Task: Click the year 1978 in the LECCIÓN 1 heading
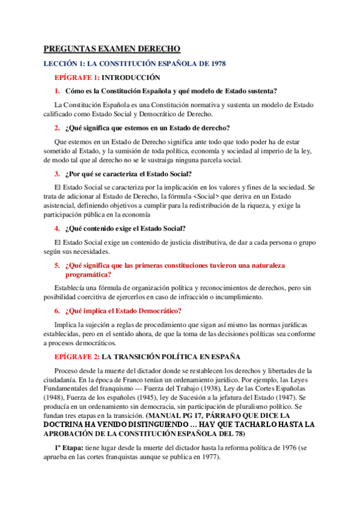coord(214,63)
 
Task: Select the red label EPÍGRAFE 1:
coord(76,78)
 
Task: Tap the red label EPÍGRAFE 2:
coord(76,356)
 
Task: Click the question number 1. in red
coord(56,91)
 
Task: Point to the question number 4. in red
coord(56,228)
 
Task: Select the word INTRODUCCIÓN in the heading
coord(132,78)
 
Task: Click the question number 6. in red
coord(56,311)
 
